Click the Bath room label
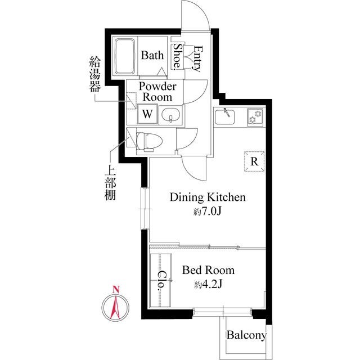152,55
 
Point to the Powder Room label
157,92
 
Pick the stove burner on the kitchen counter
256,116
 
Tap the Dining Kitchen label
208,197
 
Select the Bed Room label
208,271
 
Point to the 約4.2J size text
208,285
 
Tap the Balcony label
246,336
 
